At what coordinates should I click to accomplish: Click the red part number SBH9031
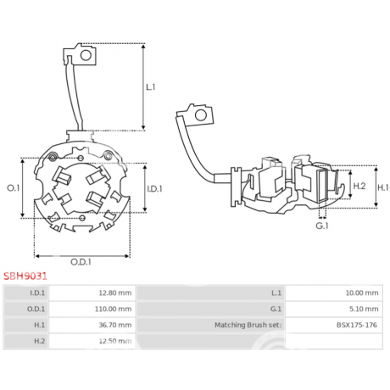(x=25, y=276)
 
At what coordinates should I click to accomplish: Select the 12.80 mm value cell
(x=92, y=292)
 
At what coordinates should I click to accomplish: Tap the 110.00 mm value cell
(x=92, y=309)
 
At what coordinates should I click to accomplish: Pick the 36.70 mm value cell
(x=92, y=325)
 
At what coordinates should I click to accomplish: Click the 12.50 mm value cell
(x=92, y=341)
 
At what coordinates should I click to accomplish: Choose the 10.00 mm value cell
(x=334, y=292)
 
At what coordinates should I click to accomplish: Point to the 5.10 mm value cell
(x=334, y=309)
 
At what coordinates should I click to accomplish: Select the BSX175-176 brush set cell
(x=334, y=325)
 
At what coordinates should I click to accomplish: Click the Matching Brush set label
(x=248, y=325)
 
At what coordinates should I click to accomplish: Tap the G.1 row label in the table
(x=276, y=309)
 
